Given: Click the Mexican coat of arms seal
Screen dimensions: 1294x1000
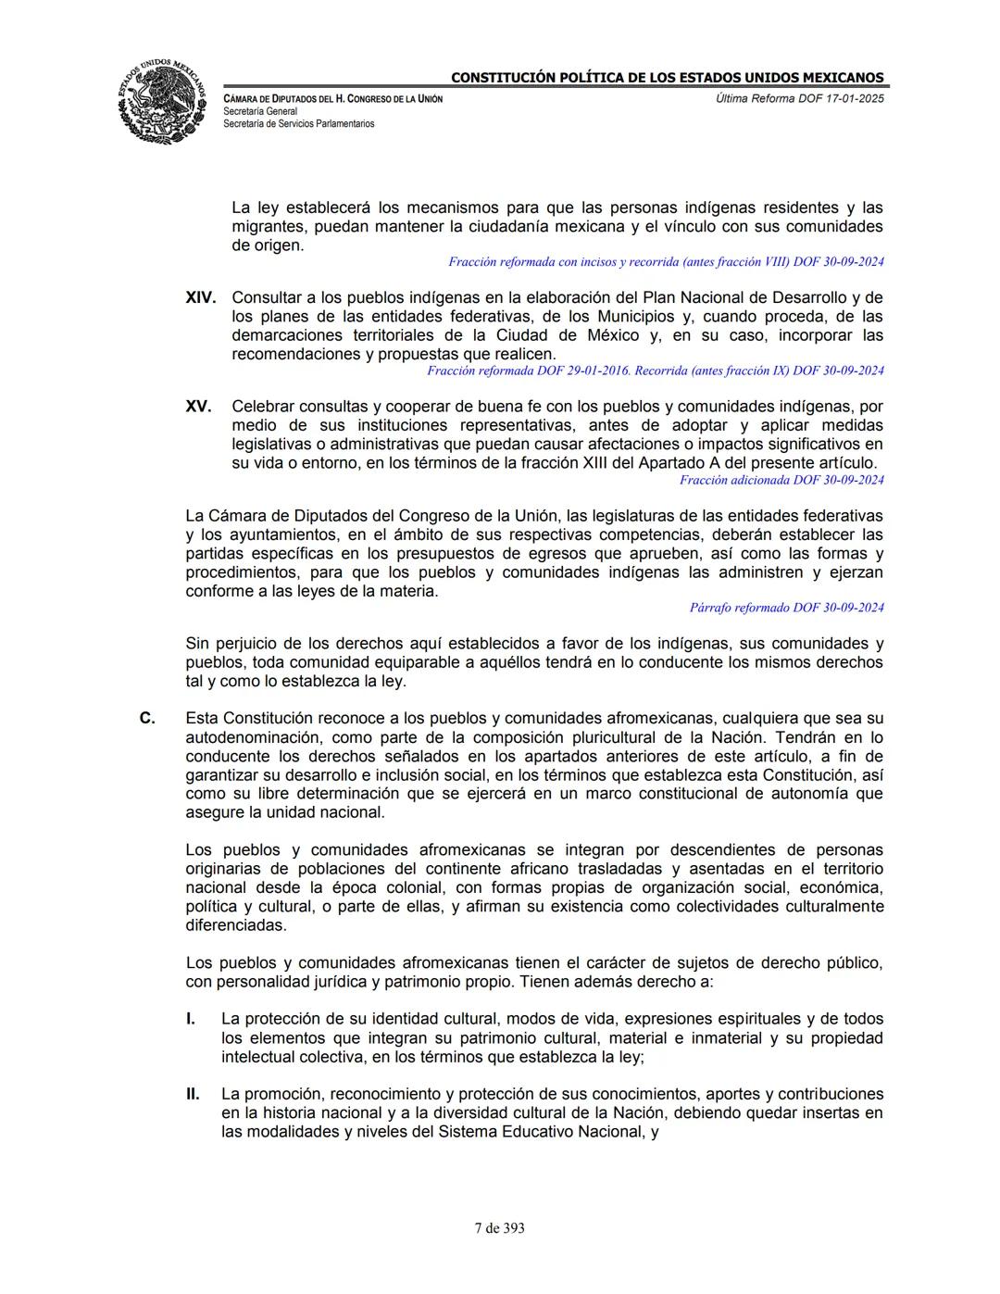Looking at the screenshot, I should pos(161,100).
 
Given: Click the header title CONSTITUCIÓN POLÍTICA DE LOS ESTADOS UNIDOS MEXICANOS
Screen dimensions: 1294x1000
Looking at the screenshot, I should pos(667,78).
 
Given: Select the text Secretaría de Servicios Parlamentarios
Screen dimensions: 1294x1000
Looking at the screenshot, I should pos(298,123).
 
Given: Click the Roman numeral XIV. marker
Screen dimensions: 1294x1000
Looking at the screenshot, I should pos(200,297).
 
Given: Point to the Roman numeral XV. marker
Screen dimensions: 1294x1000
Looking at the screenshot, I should pos(198,407).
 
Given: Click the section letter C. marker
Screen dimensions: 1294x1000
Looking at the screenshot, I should pos(146,718).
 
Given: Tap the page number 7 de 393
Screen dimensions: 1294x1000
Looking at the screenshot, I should pos(499,1228).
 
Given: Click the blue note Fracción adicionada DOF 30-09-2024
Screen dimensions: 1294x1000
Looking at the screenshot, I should pos(781,480).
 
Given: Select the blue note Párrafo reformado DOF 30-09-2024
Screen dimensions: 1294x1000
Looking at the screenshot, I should pos(786,608).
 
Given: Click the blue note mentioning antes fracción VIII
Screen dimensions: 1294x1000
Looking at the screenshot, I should pos(666,262).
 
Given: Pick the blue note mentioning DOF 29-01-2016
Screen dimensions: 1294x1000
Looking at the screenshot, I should pos(655,371).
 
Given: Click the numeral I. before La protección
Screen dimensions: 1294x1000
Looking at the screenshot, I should pos(190,1019).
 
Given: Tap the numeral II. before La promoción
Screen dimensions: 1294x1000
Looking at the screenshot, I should pos(192,1094).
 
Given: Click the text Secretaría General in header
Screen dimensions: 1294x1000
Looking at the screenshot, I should pos(260,111).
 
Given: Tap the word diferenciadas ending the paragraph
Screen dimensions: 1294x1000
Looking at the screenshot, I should pos(235,924).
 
